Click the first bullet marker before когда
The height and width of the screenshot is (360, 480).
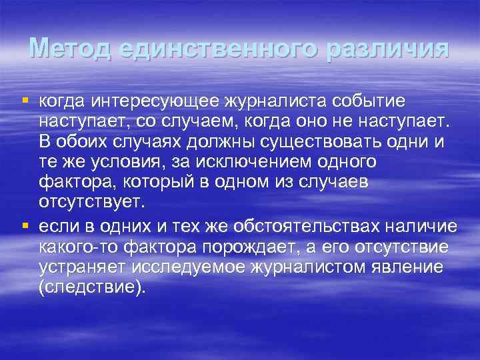pos(25,101)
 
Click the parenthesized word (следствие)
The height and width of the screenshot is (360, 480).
pos(91,289)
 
